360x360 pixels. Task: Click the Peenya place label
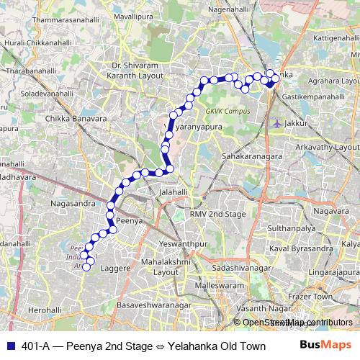[x=127, y=221]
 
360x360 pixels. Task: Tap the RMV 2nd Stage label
[x=217, y=215]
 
